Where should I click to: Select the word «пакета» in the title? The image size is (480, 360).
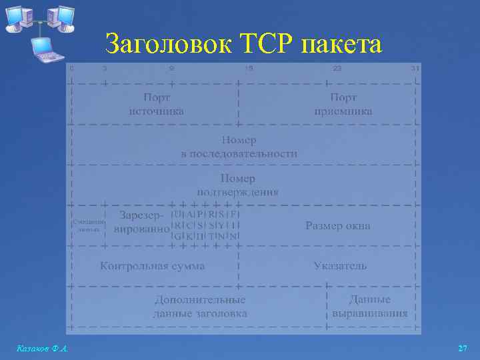click(x=343, y=45)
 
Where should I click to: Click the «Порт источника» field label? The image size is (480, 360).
click(x=156, y=104)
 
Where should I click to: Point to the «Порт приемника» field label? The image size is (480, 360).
click(x=343, y=104)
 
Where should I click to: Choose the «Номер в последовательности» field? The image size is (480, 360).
click(x=239, y=147)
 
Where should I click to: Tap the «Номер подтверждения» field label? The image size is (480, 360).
click(x=239, y=185)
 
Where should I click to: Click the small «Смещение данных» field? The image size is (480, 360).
click(x=87, y=225)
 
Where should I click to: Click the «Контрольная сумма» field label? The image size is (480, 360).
click(x=152, y=266)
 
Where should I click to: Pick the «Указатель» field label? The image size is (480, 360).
click(x=340, y=266)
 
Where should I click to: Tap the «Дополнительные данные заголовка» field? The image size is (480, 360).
click(x=200, y=307)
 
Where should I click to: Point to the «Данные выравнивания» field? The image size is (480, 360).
click(x=370, y=307)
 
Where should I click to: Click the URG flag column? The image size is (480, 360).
click(x=177, y=225)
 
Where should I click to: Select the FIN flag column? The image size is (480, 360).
click(x=235, y=225)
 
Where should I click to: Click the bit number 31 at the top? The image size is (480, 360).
click(x=415, y=68)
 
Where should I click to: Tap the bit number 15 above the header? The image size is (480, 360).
click(x=249, y=68)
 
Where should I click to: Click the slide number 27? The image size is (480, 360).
click(x=463, y=349)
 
